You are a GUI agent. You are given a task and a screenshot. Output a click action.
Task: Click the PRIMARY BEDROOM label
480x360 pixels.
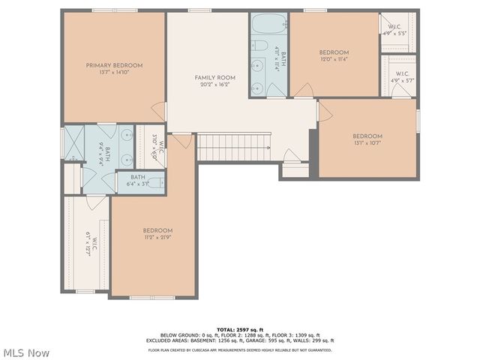[x=114, y=65]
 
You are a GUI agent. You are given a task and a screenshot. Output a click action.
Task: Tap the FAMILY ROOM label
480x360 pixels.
[x=215, y=78]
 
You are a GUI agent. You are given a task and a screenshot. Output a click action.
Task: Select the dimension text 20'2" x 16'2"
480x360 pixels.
[x=215, y=85]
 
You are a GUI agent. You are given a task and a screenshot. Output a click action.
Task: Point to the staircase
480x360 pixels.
[x=232, y=147]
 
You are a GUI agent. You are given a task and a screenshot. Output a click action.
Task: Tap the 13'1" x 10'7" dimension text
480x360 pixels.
[x=367, y=143]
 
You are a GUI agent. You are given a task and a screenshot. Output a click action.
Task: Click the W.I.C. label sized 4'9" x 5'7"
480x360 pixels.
[x=399, y=76]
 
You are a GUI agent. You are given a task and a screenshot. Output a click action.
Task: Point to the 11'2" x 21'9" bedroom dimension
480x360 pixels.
[x=157, y=238]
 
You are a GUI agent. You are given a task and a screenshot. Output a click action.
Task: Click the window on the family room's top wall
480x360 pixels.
[x=199, y=11]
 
